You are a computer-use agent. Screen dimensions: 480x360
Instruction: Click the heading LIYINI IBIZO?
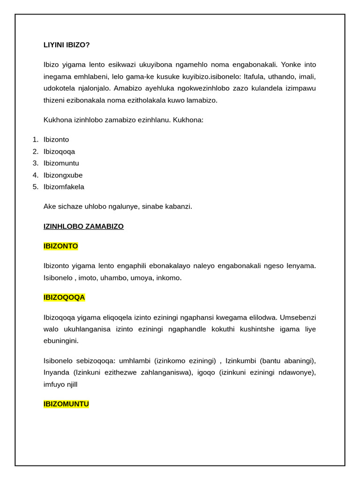[x=67, y=45]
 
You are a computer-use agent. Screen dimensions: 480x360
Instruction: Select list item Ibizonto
[x=56, y=140]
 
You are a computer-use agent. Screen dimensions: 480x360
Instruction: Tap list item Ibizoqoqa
[x=59, y=151]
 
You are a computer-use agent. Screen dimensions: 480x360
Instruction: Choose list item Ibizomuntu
[x=61, y=163]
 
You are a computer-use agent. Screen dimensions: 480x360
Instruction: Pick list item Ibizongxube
[x=63, y=175]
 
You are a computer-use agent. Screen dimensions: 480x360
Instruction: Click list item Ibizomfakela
[x=64, y=187]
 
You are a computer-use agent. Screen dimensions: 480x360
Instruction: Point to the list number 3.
[x=36, y=163]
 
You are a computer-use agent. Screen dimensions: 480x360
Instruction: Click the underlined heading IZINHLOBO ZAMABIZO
[x=83, y=226]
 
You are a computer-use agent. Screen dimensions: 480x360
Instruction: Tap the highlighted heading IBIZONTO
[x=61, y=246]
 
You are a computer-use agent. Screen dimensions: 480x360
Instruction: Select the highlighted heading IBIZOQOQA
[x=64, y=298]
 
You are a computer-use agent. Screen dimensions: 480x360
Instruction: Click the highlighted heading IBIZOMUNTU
[x=66, y=404]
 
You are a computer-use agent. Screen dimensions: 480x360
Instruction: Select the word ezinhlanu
[x=154, y=120]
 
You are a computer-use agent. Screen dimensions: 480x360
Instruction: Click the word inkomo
[x=168, y=278]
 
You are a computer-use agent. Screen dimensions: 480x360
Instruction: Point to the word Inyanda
[x=57, y=373]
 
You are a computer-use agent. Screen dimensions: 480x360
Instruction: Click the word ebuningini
[x=61, y=341]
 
